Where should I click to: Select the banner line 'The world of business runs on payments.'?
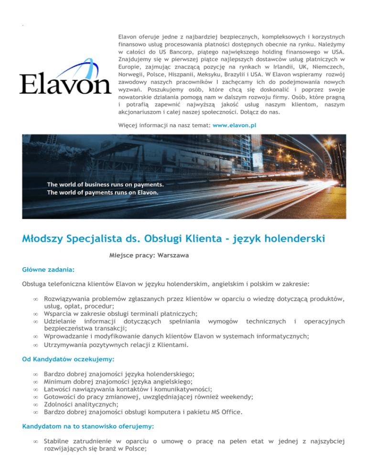pyautogui.click(x=105, y=184)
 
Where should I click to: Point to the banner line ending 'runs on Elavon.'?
pyautogui.click(x=102, y=193)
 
